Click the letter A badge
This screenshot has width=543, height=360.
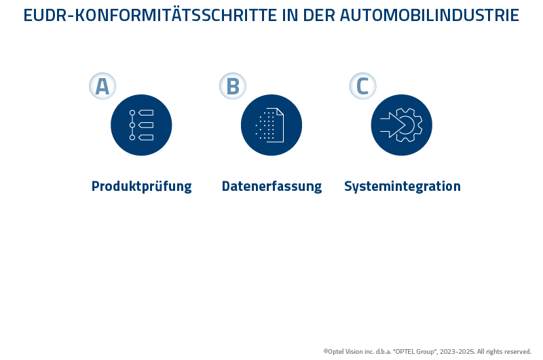coord(102,86)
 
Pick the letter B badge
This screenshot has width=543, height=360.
coord(233,86)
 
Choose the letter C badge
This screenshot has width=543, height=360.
coord(363,86)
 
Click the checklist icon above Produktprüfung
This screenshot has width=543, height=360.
coord(141,125)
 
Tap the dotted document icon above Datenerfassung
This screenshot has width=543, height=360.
coord(271,125)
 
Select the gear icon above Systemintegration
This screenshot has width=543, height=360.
coord(402,125)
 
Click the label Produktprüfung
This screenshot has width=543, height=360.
coord(141,186)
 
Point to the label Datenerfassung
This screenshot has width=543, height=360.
coord(271,186)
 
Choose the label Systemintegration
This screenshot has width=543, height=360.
coord(402,186)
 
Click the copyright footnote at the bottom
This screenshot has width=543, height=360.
coord(427,351)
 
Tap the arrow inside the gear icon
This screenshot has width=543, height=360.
coord(392,125)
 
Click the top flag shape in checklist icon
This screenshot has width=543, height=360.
coord(146,113)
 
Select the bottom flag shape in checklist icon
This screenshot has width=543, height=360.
coord(146,137)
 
